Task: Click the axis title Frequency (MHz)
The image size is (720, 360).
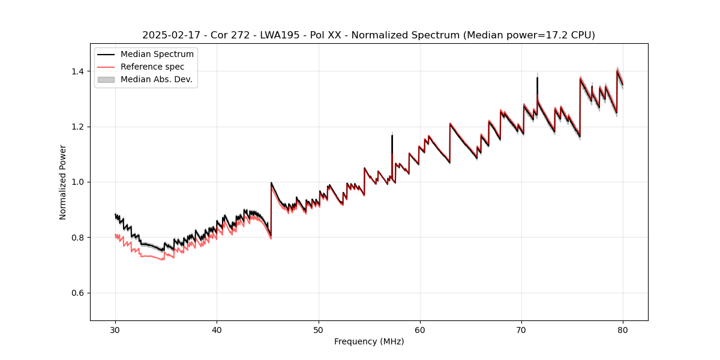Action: [x=369, y=341]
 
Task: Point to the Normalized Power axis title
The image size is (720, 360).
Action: [x=63, y=182]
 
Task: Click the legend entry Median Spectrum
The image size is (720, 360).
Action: [x=157, y=55]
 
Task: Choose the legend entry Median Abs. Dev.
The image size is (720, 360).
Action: [x=156, y=79]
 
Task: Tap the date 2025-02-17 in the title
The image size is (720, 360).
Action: [x=170, y=35]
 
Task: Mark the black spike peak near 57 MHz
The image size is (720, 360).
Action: [x=392, y=136]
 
